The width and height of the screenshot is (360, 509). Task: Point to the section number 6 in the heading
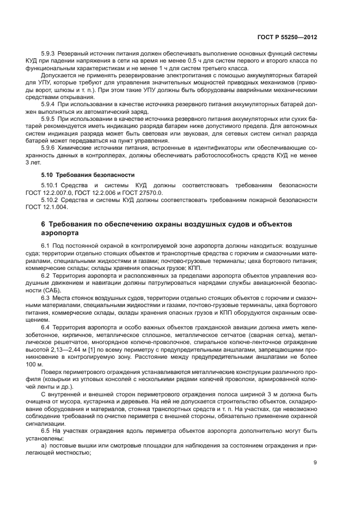(44, 224)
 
